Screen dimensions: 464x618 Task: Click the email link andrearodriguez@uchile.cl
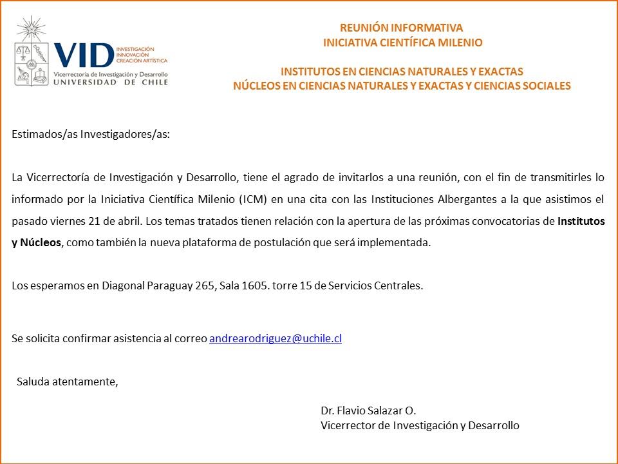(276, 338)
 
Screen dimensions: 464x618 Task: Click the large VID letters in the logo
(84, 56)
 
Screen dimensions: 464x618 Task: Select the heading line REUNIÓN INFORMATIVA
(402, 28)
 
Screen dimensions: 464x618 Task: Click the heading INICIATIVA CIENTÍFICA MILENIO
(402, 43)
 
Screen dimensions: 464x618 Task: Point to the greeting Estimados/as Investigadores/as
(91, 134)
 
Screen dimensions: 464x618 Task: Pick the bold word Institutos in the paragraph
(581, 220)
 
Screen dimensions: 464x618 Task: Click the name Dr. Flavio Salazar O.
(368, 411)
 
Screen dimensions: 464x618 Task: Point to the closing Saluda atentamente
(68, 381)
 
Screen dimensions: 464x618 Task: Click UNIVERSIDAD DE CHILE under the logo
(91, 82)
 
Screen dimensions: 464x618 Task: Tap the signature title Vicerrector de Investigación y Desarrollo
(420, 425)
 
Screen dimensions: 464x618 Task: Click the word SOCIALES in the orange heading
(547, 86)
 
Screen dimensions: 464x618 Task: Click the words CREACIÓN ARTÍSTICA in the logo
(141, 61)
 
